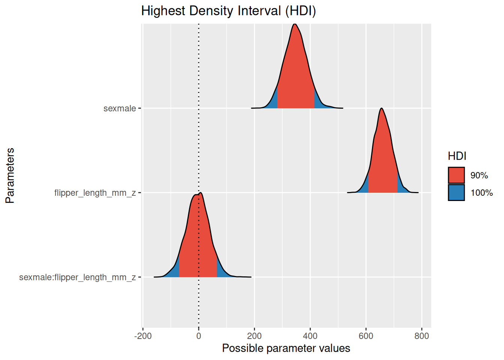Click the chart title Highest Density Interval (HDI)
point(228,11)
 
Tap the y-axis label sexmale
point(120,108)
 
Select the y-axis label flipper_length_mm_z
point(95,193)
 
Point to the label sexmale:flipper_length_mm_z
point(77,277)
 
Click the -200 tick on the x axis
point(143,336)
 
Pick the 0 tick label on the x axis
point(199,336)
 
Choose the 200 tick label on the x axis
point(254,336)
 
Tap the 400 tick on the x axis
point(310,336)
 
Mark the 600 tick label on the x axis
point(366,336)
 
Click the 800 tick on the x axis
point(421,336)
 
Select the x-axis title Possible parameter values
point(286,348)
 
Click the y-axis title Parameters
point(10,175)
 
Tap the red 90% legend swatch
point(456,175)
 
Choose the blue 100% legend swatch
point(456,192)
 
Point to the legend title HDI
point(457,156)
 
